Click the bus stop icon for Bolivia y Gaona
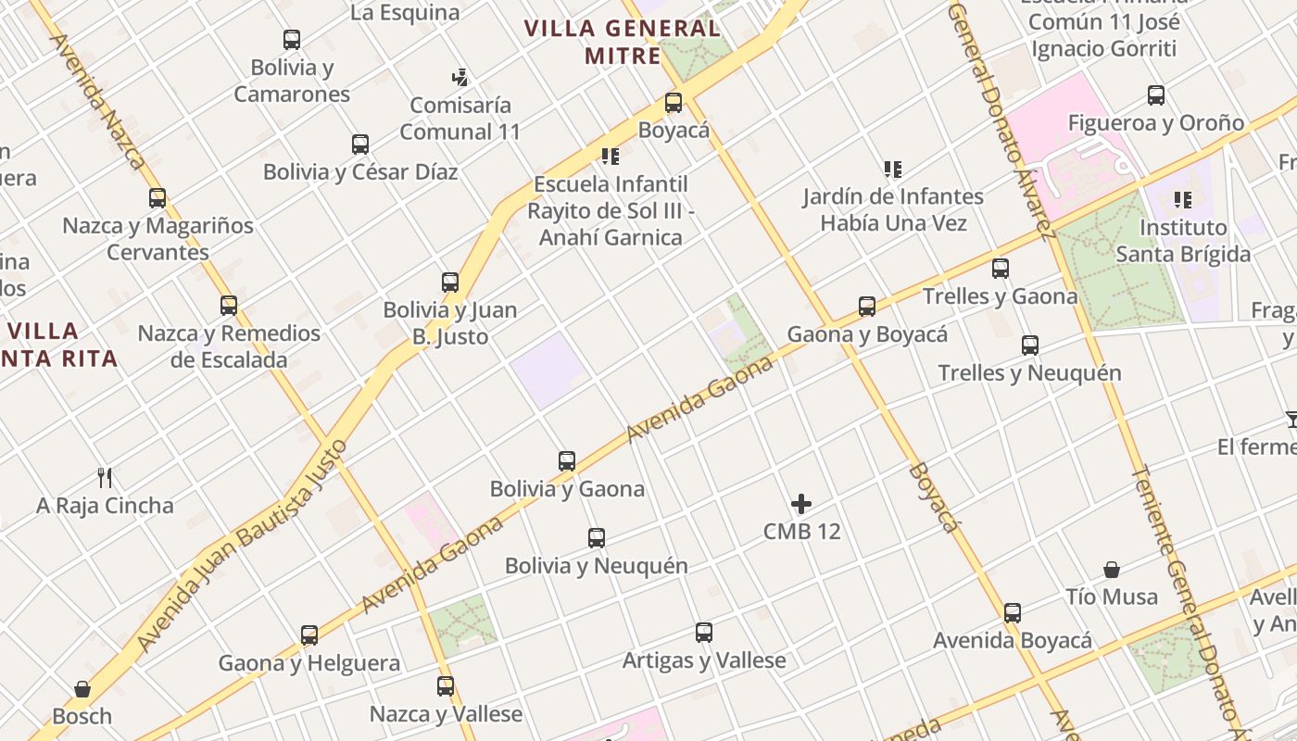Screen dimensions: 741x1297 click(567, 460)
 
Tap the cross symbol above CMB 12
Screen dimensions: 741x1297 click(801, 504)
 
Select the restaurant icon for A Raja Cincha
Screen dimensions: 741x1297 click(105, 478)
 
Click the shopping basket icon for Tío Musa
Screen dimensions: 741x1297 click(1112, 570)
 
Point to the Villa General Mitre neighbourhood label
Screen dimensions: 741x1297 click(623, 42)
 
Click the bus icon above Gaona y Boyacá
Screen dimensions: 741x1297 click(867, 306)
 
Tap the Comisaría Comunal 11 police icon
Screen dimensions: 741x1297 click(460, 77)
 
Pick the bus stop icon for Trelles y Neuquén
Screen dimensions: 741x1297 click(1030, 345)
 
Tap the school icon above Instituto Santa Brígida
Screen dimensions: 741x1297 click(1182, 199)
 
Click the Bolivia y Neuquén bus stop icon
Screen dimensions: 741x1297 click(597, 537)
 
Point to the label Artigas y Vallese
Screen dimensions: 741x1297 click(704, 660)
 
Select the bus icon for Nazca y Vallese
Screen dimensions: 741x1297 click(446, 686)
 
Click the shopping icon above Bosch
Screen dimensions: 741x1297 click(82, 689)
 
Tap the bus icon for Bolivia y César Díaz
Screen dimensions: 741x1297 click(360, 144)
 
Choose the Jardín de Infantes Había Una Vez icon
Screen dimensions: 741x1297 click(893, 169)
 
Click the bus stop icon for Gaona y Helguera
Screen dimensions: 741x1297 click(309, 635)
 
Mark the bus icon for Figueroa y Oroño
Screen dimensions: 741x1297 click(1156, 94)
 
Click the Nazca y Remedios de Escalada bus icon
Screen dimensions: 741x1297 click(229, 305)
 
